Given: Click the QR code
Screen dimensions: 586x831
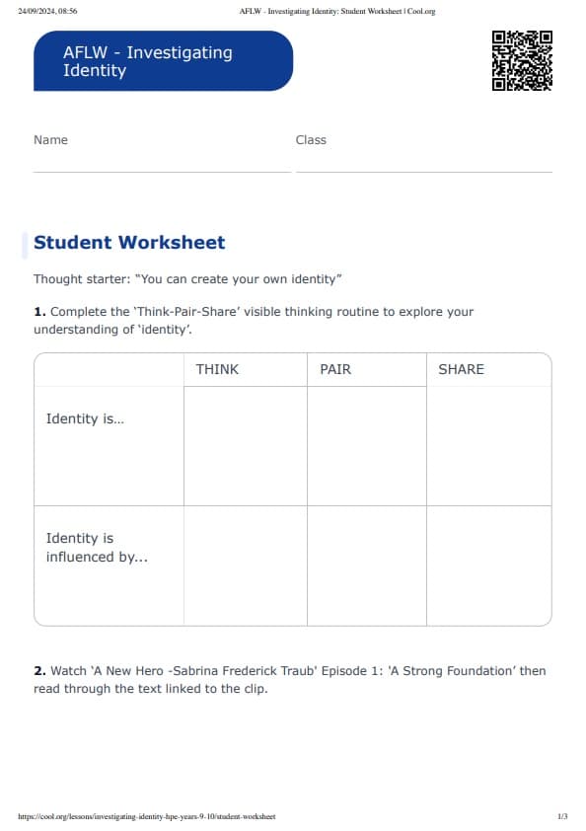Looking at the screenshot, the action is tap(522, 61).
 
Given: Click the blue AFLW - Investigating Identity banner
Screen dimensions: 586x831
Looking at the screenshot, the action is tap(164, 61).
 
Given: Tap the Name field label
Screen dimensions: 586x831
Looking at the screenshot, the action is tap(50, 140).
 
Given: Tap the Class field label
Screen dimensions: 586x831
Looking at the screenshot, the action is tap(311, 140).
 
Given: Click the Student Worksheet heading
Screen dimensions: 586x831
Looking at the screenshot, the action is tap(129, 243).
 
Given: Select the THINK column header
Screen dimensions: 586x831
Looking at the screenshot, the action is tap(217, 369).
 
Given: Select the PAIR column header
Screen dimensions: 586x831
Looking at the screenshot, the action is tap(335, 369).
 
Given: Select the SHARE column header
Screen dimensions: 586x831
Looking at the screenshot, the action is tap(461, 369).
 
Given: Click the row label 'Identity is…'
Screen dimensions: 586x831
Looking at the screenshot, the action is tap(85, 418).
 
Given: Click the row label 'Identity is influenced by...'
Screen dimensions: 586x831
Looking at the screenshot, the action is tap(97, 548).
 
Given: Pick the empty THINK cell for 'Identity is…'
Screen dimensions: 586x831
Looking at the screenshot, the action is tap(245, 446).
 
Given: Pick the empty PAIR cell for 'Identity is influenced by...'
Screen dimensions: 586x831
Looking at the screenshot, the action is tap(366, 566).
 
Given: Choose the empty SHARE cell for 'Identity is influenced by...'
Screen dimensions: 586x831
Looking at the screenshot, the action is tap(488, 566).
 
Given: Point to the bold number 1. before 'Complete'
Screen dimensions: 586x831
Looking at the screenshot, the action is tap(39, 312).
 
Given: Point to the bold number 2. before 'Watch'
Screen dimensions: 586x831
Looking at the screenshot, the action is tap(39, 671).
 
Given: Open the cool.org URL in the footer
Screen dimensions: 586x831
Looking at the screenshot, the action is tap(147, 817).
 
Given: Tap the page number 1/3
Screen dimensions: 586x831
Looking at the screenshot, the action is tap(562, 817).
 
